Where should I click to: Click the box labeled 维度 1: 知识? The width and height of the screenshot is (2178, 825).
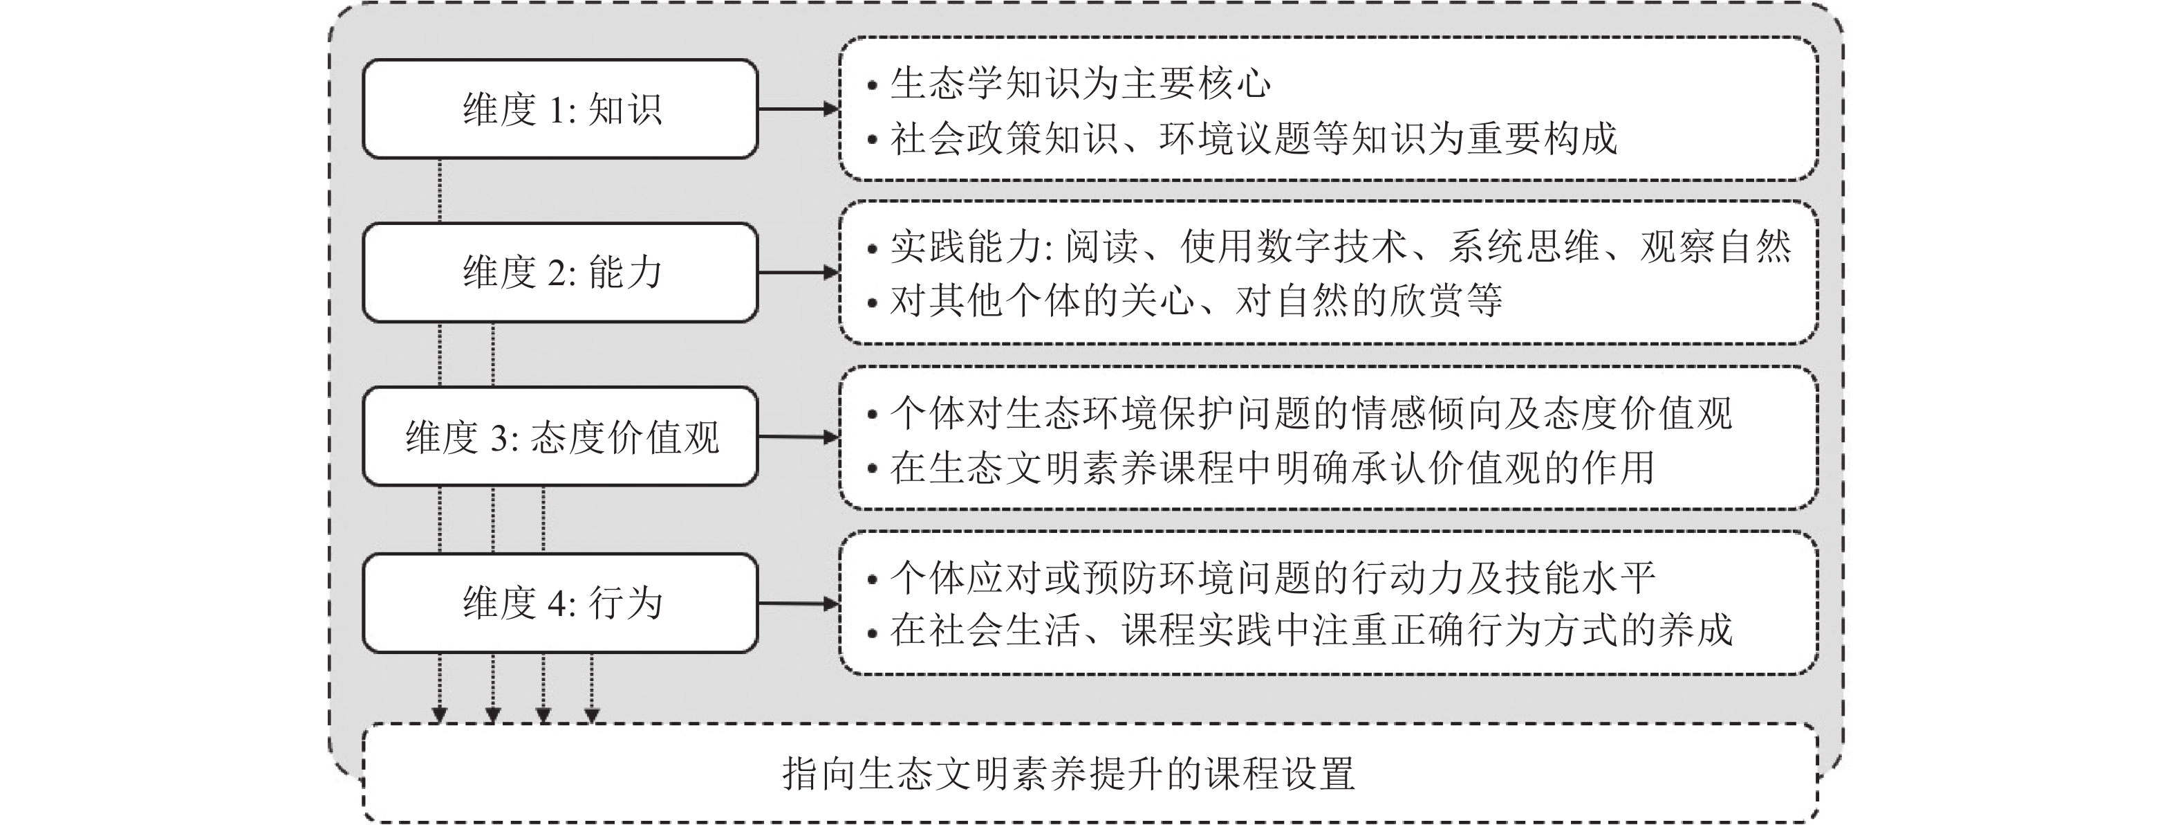click(560, 108)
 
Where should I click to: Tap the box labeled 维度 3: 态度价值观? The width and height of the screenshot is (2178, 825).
click(560, 437)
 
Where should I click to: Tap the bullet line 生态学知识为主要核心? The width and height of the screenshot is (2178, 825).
click(1070, 83)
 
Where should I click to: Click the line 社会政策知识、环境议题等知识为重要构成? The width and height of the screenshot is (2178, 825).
click(1242, 138)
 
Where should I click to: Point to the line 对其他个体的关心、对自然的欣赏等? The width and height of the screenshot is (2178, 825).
click(1184, 300)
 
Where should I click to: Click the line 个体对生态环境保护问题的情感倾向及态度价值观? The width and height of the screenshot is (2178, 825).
click(1299, 413)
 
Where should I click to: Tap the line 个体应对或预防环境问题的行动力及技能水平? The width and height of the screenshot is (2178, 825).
click(1260, 578)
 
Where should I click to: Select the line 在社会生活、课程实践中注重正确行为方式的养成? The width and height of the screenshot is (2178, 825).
click(1299, 631)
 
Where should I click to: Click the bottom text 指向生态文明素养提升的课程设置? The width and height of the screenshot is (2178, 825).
click(1069, 773)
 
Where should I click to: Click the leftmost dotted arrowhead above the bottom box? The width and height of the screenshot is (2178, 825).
click(439, 716)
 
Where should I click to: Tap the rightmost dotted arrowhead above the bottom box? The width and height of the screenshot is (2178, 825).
click(592, 716)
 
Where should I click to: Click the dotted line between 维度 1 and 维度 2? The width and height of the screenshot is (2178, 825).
click(440, 190)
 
